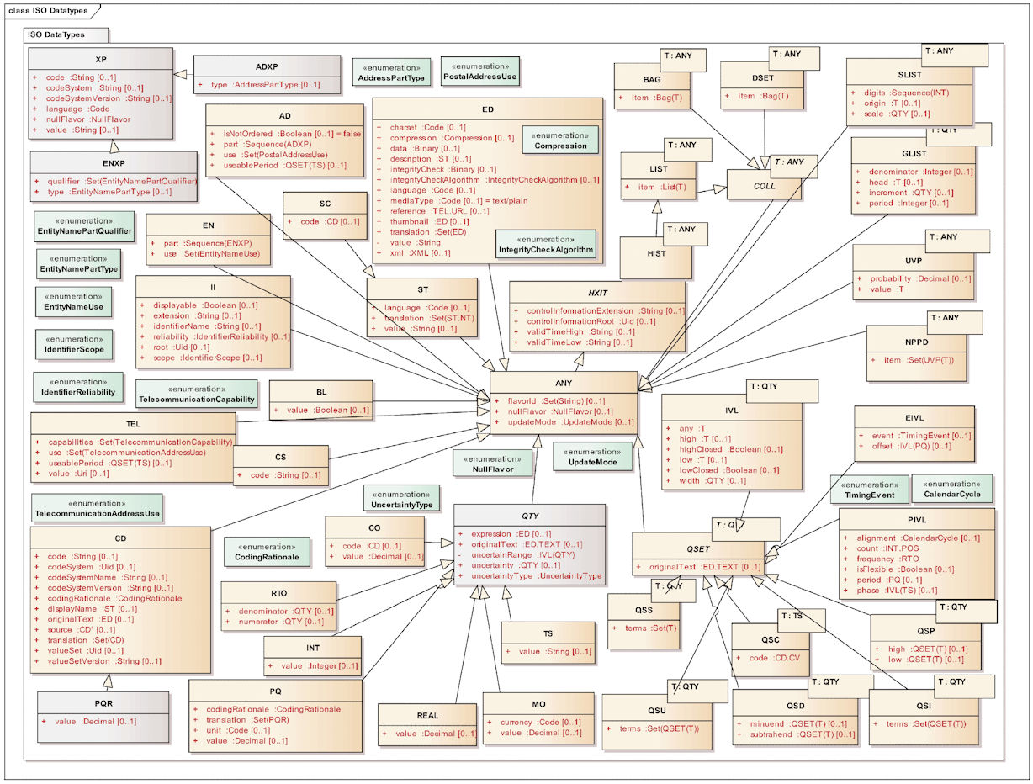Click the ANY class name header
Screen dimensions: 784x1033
564,383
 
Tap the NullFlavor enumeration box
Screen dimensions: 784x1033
492,464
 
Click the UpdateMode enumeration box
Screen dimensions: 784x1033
592,457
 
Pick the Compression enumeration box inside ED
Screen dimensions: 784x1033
560,140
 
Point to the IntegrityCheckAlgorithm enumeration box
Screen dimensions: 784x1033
545,244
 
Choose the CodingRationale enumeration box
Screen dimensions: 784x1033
262,551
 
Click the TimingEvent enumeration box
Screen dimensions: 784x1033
869,490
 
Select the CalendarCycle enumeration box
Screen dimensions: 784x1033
952,490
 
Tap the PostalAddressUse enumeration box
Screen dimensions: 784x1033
479,72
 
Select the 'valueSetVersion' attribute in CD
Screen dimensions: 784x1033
79,661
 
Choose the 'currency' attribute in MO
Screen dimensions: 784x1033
516,722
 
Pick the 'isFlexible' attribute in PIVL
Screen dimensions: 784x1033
877,569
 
